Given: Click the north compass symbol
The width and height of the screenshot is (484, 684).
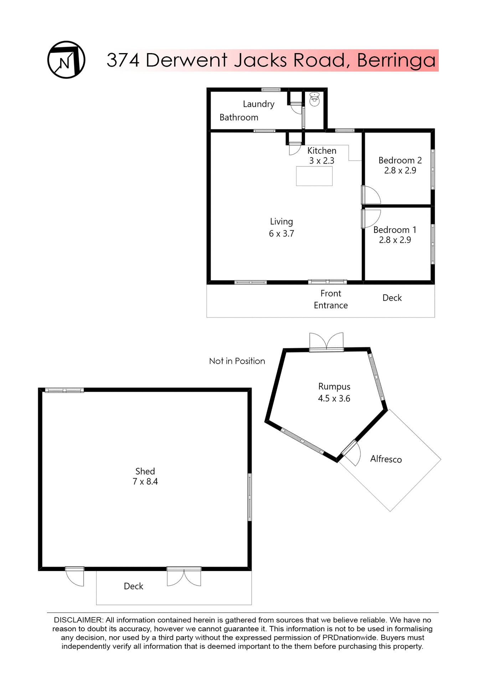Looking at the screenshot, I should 66,60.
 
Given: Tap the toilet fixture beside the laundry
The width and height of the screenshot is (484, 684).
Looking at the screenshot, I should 314,99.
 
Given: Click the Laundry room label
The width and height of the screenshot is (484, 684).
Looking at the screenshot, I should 258,104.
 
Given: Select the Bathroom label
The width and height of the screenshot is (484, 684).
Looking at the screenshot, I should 239,118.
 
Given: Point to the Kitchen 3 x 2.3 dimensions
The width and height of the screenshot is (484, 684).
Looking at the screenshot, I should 321,161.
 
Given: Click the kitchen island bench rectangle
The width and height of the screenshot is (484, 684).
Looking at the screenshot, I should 314,176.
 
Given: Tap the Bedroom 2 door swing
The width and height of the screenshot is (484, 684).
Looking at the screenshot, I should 371,195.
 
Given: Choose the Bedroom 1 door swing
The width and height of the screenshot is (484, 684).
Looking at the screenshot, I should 371,218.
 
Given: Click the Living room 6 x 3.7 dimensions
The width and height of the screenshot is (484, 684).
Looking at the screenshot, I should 281,234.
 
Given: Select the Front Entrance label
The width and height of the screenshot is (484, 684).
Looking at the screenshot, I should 331,299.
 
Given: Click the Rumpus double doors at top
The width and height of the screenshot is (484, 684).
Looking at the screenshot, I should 326,342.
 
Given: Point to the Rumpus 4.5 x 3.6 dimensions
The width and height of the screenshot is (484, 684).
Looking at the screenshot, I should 334,398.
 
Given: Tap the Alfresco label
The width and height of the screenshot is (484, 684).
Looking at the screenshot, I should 386,459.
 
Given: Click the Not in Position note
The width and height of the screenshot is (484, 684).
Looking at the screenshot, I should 237,361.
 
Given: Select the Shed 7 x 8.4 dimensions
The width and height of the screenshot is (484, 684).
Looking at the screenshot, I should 145,482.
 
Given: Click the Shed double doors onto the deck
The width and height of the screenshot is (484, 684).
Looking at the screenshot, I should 184,577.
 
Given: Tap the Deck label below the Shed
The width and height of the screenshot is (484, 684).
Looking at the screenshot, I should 133,586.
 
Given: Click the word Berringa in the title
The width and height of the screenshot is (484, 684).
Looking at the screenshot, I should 396,60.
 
